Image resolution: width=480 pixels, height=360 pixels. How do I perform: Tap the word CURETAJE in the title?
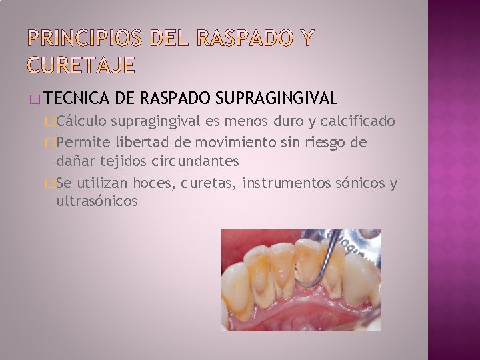pyautogui.click(x=81, y=65)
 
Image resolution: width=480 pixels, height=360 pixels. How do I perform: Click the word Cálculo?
pyautogui.click(x=83, y=121)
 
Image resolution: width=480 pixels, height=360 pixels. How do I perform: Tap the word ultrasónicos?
pyautogui.click(x=97, y=201)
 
